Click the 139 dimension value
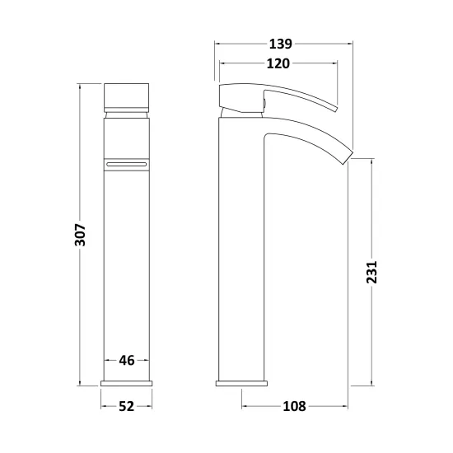click(x=281, y=44)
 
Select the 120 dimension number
click(x=278, y=63)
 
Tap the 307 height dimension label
click(x=81, y=235)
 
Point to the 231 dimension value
click(x=371, y=272)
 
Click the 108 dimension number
click(x=294, y=406)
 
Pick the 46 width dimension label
click(x=127, y=361)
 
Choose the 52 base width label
click(x=127, y=407)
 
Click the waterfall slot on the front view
click(x=127, y=165)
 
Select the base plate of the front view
click(x=127, y=383)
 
